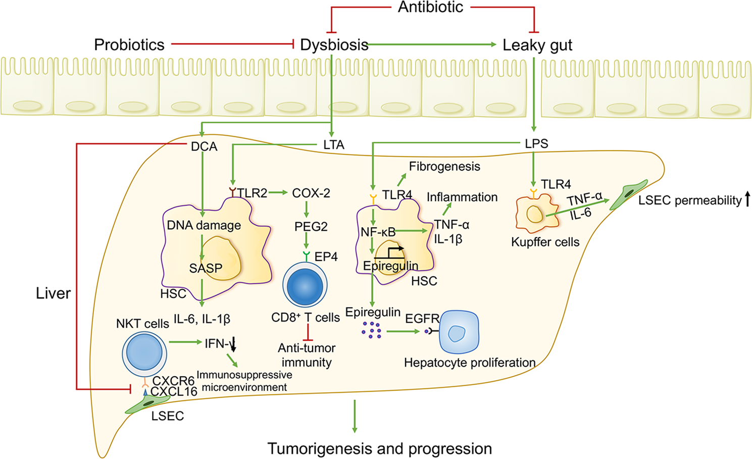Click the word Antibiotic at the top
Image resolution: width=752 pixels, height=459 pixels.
coord(430,8)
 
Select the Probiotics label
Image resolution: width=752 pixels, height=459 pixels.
coord(129,45)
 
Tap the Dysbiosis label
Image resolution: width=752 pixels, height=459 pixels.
coord(334,45)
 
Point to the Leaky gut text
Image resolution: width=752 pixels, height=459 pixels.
coord(537,45)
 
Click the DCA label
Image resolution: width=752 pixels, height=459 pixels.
coord(204,146)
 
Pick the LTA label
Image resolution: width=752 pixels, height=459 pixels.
coord(334,145)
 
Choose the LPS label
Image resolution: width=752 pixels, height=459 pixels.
coord(536,144)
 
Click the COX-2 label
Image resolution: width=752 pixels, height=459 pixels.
coord(311,193)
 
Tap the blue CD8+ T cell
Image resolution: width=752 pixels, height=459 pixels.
coord(305,285)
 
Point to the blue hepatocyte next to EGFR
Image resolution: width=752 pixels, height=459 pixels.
coord(459,332)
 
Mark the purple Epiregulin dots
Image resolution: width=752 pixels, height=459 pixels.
coord(372,330)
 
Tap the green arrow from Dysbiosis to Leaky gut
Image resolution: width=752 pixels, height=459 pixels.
coord(432,44)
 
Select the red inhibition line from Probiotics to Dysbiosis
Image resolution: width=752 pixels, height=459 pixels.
coord(232,44)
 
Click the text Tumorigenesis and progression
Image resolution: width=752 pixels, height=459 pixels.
coord(380,448)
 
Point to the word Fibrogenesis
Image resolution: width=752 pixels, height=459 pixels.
coord(444,167)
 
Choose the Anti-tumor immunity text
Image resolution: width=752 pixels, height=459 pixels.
coord(307,355)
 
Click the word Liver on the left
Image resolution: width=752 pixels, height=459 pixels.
coord(53,293)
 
